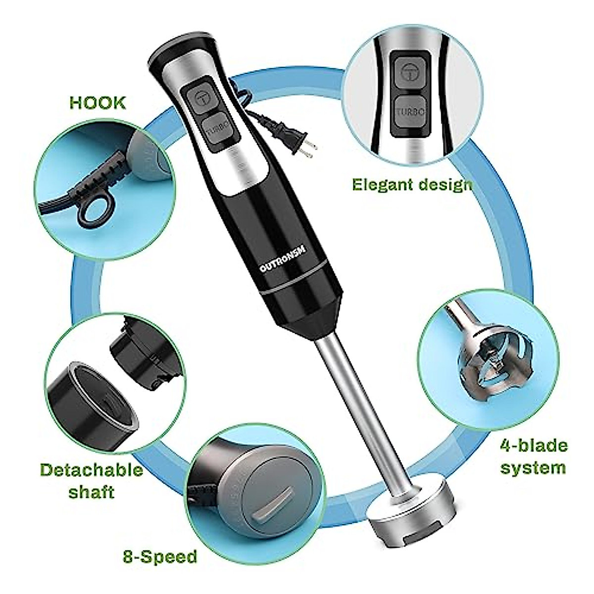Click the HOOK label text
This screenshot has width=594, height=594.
coord(98,103)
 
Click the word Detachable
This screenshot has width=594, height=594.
coord(92,469)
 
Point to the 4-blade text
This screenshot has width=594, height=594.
coord(533,445)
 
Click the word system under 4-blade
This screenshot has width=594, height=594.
coord(533,467)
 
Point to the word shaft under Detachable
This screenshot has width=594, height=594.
coord(91,493)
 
